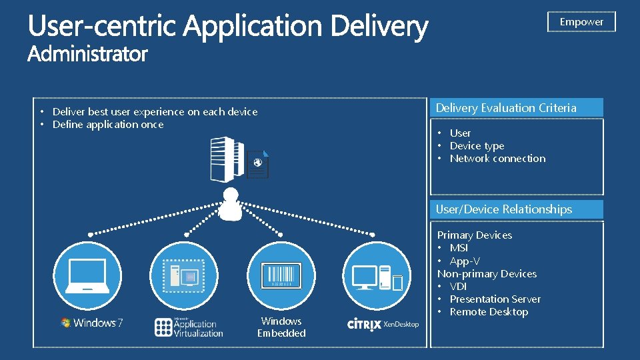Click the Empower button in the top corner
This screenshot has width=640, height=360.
pos(581,22)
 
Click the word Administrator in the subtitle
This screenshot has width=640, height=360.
pos(87,55)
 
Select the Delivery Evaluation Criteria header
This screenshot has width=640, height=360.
pos(506,108)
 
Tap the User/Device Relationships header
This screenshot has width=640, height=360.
pos(504,209)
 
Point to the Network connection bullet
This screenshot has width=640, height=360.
pos(497,159)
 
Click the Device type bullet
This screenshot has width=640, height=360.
pos(477,146)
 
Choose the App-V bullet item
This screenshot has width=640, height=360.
pos(465,261)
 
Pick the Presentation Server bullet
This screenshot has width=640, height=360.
pos(495,299)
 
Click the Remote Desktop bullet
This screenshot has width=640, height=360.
pos(489,312)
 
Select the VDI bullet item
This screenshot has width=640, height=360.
pos(458,287)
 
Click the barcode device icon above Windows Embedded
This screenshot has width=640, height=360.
pos(281,275)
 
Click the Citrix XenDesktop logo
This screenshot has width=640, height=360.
pos(383,324)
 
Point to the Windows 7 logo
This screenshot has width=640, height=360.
pos(91,323)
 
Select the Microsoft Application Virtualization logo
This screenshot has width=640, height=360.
pos(189,326)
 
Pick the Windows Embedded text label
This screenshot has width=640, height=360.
pos(281,327)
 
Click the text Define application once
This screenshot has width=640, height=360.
pos(108,125)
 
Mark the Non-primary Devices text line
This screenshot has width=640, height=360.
pos(487,274)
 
